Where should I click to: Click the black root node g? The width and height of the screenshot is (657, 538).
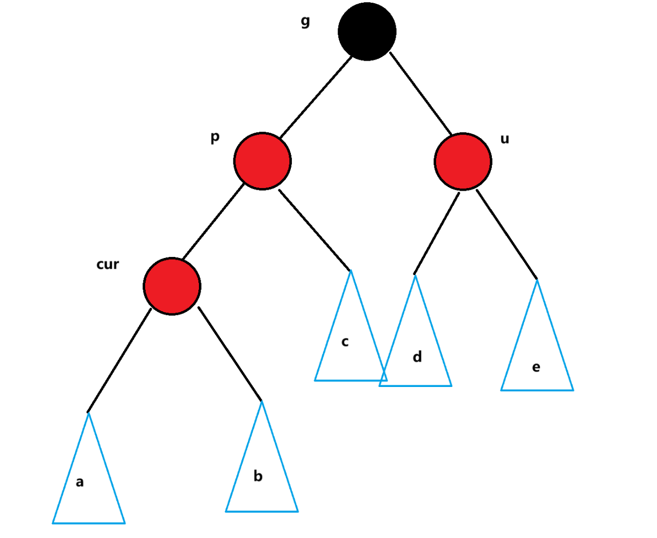click(367, 32)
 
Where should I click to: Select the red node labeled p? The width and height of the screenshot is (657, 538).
click(262, 161)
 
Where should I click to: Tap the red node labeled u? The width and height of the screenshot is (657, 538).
click(462, 161)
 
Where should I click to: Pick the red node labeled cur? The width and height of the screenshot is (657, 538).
click(172, 286)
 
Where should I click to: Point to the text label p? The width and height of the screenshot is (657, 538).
click(215, 137)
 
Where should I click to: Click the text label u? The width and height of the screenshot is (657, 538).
click(505, 139)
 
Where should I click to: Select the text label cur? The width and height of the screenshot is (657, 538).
click(108, 264)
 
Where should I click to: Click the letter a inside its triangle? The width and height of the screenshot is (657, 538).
click(80, 482)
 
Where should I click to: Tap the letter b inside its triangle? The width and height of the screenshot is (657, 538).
click(258, 476)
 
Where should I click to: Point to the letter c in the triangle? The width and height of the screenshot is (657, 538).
click(345, 341)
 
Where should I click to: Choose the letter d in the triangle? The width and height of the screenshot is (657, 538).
click(417, 356)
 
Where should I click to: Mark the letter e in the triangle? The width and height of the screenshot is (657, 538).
click(536, 367)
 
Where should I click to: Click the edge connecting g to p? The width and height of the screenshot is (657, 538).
click(316, 97)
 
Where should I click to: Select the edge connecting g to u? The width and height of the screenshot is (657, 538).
click(420, 94)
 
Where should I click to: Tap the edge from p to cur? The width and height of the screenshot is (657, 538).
click(213, 221)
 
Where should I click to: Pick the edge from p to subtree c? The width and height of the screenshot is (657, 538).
click(315, 230)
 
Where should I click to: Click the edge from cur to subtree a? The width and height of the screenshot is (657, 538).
click(119, 361)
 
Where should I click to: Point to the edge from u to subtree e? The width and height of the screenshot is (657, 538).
click(507, 234)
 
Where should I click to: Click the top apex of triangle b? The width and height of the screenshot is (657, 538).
click(262, 401)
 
